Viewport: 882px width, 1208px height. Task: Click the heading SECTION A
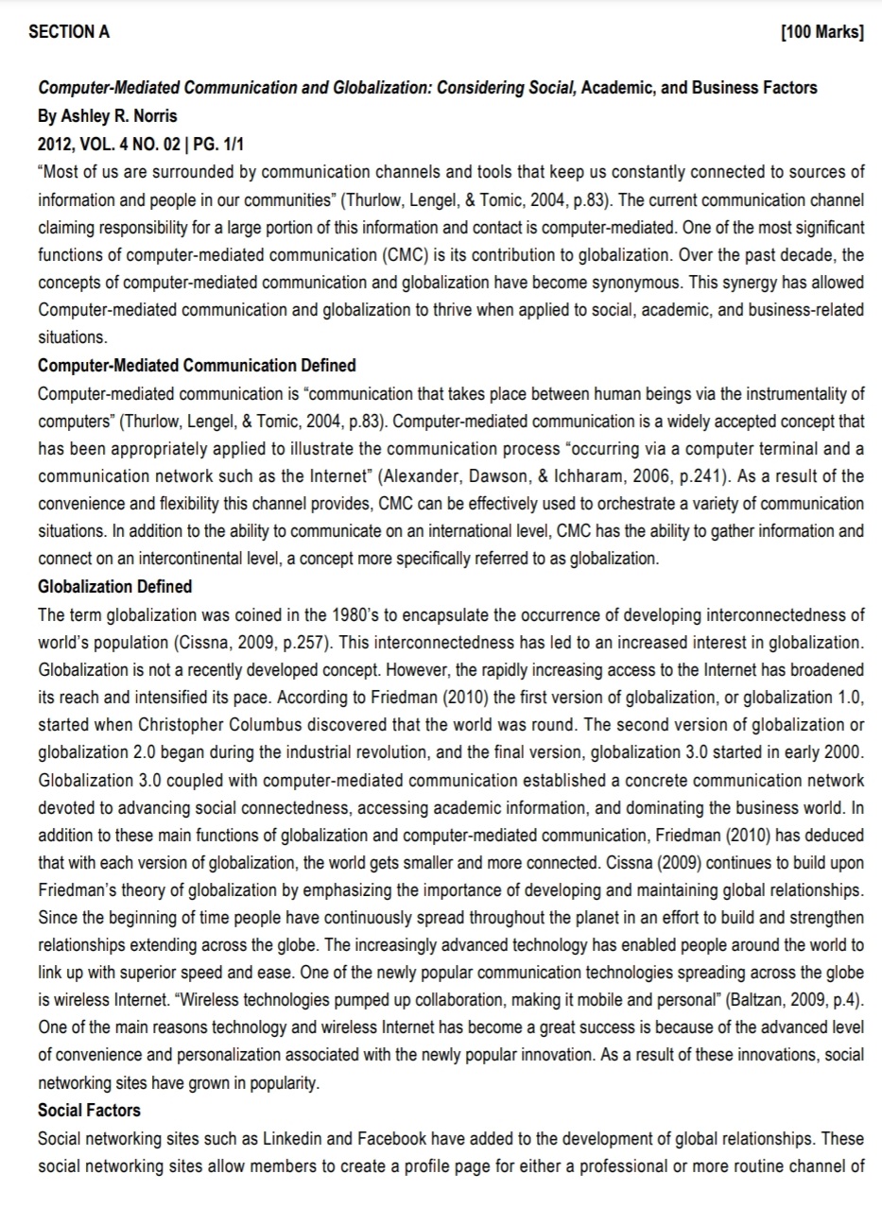pos(69,32)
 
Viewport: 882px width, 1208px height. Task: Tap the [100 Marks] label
pos(822,32)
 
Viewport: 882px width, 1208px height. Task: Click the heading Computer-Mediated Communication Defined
pos(197,365)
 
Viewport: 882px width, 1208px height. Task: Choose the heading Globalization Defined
pos(114,586)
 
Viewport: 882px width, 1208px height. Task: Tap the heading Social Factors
pos(89,1110)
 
